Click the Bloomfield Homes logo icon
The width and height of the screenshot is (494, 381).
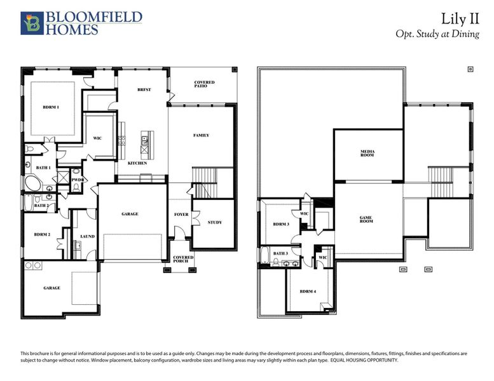[x=30, y=22]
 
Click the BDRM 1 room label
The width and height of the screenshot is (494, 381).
[x=51, y=107]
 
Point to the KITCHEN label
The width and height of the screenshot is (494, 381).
[x=137, y=163]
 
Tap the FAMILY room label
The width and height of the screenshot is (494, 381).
[x=201, y=135]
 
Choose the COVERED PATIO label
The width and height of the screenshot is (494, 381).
[x=204, y=85]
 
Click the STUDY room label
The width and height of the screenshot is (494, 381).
[x=215, y=222]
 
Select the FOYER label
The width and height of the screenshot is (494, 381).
[x=181, y=215]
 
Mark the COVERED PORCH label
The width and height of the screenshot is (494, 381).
[x=184, y=259]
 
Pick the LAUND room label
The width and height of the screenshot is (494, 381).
[x=87, y=236]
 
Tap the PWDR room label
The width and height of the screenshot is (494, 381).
[x=78, y=180]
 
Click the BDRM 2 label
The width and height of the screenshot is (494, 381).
[x=43, y=235]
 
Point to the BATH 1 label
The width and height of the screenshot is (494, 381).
[x=43, y=167]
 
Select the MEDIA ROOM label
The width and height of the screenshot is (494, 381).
[x=367, y=154]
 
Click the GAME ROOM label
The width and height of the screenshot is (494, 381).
[x=366, y=220]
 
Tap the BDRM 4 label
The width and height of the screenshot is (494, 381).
[x=308, y=291]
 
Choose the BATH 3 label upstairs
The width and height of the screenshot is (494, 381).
[x=280, y=253]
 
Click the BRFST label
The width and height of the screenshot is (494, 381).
[x=144, y=90]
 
